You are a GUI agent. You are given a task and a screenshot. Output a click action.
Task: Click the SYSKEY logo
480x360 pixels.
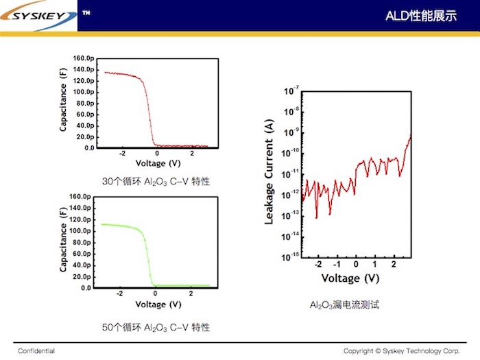(x=38, y=15)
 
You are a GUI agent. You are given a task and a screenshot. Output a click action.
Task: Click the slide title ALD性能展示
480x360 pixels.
(x=421, y=16)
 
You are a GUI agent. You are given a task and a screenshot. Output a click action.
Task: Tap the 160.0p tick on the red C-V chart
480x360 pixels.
(x=84, y=58)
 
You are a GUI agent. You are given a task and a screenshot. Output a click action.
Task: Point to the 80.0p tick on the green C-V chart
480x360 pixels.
(x=82, y=243)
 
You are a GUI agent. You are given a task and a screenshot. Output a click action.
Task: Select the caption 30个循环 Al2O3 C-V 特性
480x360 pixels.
(x=156, y=182)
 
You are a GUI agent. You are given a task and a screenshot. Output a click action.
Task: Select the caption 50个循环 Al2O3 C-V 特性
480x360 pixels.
(x=156, y=328)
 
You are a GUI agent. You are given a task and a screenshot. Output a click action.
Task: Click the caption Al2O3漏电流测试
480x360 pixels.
(x=344, y=305)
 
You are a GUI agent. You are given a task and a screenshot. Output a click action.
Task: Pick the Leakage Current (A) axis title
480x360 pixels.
(x=269, y=171)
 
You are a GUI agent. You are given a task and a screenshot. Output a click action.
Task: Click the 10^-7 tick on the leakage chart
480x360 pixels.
(x=291, y=91)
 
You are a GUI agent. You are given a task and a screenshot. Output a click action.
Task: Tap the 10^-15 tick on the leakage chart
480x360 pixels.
(x=290, y=257)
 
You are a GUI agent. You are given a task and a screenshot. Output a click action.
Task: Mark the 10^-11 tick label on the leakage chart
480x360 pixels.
(x=290, y=174)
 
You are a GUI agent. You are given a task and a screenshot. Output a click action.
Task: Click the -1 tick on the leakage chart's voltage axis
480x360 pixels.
(x=337, y=264)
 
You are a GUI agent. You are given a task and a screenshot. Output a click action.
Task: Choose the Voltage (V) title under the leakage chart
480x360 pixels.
(x=350, y=278)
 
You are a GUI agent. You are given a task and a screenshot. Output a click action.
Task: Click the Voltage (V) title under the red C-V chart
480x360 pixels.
(x=158, y=163)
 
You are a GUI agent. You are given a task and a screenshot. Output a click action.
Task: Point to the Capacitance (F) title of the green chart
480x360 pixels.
(x=63, y=240)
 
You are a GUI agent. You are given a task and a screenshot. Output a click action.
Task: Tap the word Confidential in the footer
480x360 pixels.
(x=36, y=351)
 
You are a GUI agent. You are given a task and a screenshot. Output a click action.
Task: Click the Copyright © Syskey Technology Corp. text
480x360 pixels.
(x=402, y=351)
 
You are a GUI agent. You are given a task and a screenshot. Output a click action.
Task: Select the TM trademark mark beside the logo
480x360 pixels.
(x=86, y=13)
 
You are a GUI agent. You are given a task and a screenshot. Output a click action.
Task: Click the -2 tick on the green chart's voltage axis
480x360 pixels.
(x=120, y=293)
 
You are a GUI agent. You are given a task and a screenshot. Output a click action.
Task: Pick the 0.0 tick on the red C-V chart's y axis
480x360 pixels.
(x=89, y=148)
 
